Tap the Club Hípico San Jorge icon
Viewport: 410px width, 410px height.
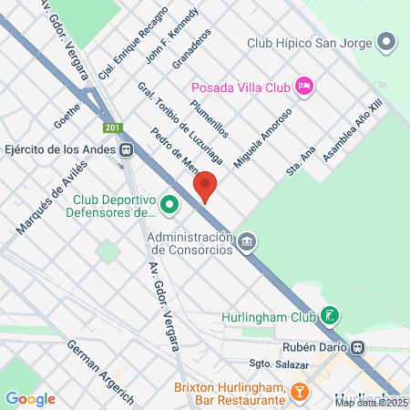click(x=387, y=42)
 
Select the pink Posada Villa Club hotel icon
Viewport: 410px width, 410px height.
click(x=305, y=87)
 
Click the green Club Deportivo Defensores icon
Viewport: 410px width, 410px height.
click(x=169, y=206)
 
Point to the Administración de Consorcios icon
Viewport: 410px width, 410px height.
click(x=245, y=242)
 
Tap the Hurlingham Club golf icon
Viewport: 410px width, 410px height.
click(x=329, y=317)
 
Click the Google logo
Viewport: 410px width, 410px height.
click(x=30, y=398)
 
